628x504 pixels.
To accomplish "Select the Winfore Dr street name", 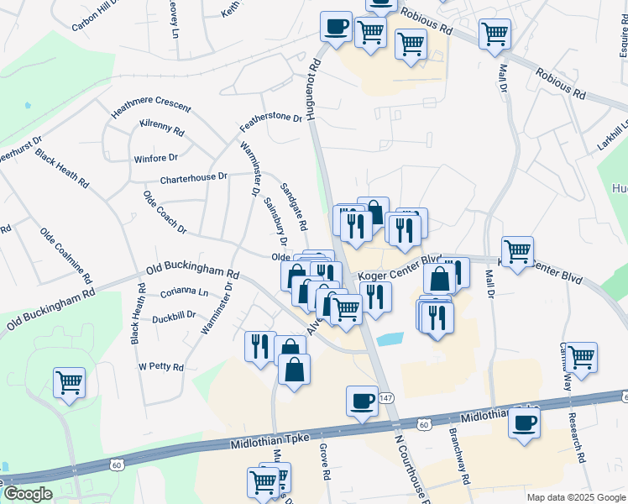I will tap(156, 157).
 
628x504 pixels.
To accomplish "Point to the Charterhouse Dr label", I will tap(194, 178).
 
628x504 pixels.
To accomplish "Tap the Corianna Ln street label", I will tap(185, 293).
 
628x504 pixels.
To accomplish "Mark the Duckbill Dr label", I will tap(174, 318).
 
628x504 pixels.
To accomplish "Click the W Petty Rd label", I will tap(160, 367).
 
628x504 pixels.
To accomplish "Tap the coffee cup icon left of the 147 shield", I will tap(362, 401).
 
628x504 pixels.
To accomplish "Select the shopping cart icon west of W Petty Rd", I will tap(69, 382).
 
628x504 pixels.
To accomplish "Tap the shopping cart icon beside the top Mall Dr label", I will tap(495, 34).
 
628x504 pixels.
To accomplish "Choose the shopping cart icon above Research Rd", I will tap(581, 357).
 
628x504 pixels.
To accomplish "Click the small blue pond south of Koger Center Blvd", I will tap(390, 339).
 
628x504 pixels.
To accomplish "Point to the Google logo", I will tap(28, 494).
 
